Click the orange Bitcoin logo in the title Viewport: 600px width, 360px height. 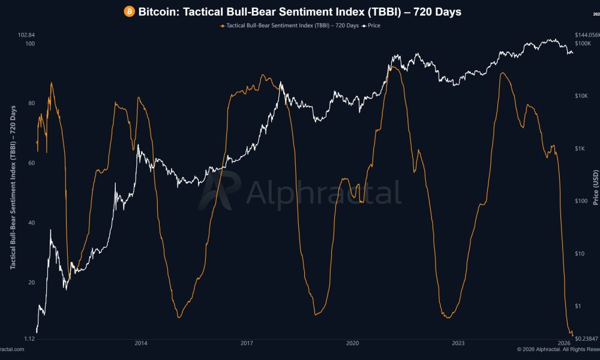(129, 12)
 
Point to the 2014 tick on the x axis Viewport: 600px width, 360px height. (140, 343)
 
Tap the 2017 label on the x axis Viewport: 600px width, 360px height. (246, 343)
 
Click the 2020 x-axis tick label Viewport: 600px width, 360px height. (352, 343)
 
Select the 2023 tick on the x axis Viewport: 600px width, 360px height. (458, 343)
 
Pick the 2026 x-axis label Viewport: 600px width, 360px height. (564, 343)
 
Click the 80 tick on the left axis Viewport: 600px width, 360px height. (31, 103)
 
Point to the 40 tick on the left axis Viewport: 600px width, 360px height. (31, 223)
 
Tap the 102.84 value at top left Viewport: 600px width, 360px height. (27, 35)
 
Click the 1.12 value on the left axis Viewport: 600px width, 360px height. (29, 340)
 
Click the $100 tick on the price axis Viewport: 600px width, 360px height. (583, 201)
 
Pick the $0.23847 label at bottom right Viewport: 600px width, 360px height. (586, 340)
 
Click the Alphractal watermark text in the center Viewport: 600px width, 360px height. (323, 193)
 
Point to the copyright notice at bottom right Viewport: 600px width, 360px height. (558, 349)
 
